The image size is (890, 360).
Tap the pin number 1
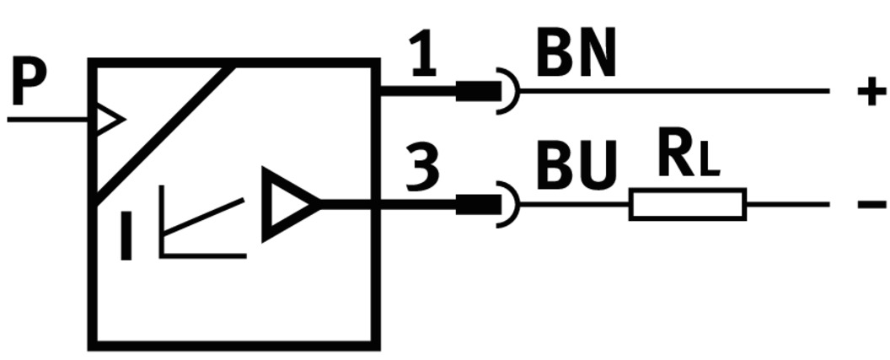424,56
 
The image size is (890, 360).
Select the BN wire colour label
576,56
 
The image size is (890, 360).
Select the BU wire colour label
576,166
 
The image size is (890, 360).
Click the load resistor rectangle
687,204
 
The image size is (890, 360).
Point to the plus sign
871,90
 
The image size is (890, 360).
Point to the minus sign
871,204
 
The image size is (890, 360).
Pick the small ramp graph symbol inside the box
198,229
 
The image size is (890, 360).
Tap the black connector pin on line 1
474,90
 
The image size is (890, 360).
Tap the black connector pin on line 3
474,204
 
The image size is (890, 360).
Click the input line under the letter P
46,119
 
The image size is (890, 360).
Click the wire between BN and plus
674,90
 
